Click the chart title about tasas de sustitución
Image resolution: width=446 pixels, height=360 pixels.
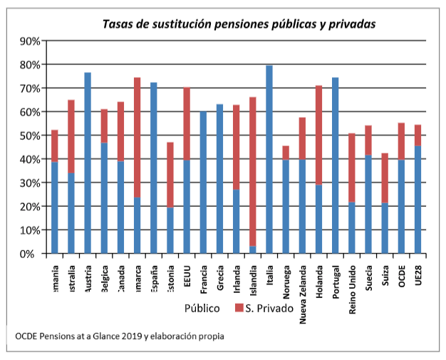[x=239, y=24]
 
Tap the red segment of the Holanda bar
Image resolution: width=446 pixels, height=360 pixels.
[x=319, y=135]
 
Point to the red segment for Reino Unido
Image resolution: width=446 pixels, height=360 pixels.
[x=352, y=168]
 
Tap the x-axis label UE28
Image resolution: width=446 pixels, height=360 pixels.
[x=418, y=277]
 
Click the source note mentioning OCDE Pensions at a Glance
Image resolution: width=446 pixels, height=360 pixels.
[x=118, y=336]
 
